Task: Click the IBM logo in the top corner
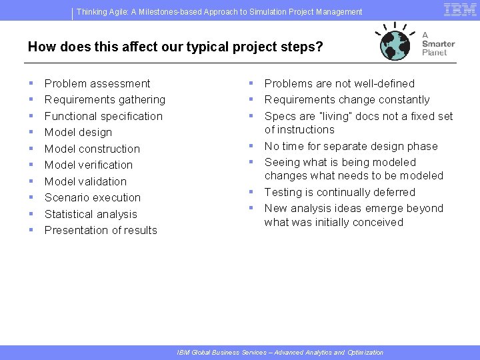tap(459, 9)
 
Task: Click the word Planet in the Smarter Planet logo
tap(435, 53)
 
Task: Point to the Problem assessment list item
tap(97, 83)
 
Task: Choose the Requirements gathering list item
tap(105, 99)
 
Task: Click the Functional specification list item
tap(103, 116)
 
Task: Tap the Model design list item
tap(78, 132)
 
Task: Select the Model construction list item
tap(92, 149)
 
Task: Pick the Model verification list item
tap(89, 165)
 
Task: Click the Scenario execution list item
tap(93, 197)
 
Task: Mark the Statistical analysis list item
tap(91, 214)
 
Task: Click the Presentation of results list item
tap(101, 230)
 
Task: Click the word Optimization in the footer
tap(365, 352)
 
